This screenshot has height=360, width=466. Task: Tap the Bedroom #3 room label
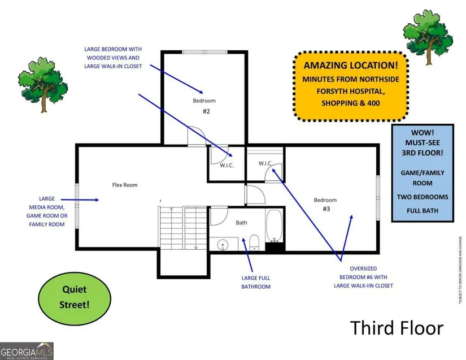coord(325,204)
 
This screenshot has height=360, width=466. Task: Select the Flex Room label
coord(125,185)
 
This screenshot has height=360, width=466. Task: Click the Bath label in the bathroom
coord(241,223)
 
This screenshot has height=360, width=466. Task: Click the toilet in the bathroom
coord(254,241)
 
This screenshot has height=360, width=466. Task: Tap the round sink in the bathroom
coord(223,245)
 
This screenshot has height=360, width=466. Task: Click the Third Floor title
coord(397,328)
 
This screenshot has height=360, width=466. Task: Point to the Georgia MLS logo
coord(27,350)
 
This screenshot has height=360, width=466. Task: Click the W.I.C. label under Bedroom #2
coord(227,165)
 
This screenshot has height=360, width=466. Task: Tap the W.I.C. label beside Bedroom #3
coord(265,163)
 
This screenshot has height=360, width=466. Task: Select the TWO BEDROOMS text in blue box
coord(423,197)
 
